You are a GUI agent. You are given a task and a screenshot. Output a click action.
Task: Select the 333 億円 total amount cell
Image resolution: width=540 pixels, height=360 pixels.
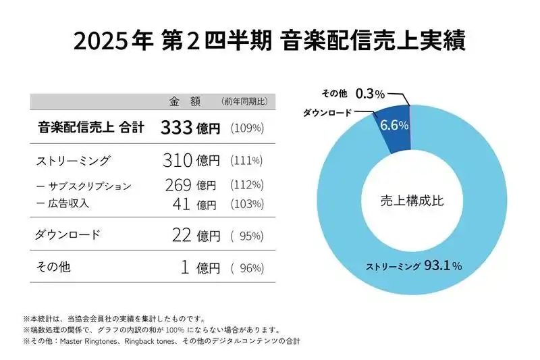coord(190,128)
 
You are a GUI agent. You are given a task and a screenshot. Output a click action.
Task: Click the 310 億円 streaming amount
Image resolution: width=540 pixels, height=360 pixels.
coord(191,161)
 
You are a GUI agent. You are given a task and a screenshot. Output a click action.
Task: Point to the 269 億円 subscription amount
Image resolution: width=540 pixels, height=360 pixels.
coord(190,185)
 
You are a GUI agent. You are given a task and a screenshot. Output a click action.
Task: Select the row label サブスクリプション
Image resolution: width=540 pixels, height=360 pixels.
coord(86,186)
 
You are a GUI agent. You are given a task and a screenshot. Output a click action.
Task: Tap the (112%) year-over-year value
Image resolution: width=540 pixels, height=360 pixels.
coord(246,185)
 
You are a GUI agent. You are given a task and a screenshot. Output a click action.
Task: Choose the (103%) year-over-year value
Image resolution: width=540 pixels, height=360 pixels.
coord(246,203)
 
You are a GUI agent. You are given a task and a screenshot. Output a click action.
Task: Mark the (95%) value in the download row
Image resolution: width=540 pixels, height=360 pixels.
coord(246,236)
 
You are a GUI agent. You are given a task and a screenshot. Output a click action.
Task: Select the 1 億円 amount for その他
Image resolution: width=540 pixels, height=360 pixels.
coord(200,267)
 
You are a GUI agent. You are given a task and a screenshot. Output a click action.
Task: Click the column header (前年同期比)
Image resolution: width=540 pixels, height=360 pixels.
coord(244,101)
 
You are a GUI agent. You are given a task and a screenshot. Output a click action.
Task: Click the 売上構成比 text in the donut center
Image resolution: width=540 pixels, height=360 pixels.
coord(412,200)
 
